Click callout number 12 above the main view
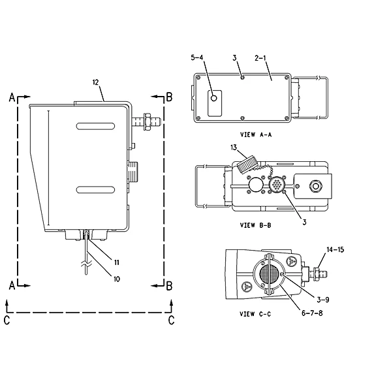point(95,82)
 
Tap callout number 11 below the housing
point(117,262)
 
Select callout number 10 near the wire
point(117,279)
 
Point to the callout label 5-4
point(197,57)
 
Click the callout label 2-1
point(260,58)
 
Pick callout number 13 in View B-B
point(234,148)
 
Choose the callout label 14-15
point(336,249)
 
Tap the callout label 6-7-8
point(312,313)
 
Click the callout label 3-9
point(322,300)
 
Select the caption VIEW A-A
point(256,134)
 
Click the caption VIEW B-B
point(255,225)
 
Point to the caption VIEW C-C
point(255,314)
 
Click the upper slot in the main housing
point(95,126)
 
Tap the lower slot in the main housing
point(95,190)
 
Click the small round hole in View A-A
point(214,98)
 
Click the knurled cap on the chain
point(247,164)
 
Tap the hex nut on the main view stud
point(146,122)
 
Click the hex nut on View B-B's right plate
point(315,186)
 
